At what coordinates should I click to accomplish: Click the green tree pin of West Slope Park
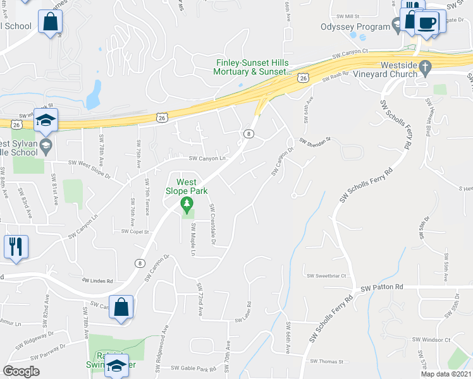click(x=186, y=204)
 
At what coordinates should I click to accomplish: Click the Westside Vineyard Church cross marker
click(x=426, y=66)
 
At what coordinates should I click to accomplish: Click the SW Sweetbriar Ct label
click(x=328, y=276)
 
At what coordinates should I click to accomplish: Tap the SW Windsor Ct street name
click(x=431, y=340)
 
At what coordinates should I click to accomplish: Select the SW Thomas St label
click(x=326, y=362)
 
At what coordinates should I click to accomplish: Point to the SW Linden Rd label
click(x=97, y=280)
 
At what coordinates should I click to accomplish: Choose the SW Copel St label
click(x=134, y=232)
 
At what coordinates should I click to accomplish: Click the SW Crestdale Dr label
click(x=213, y=225)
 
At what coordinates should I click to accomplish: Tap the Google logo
click(x=21, y=371)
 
